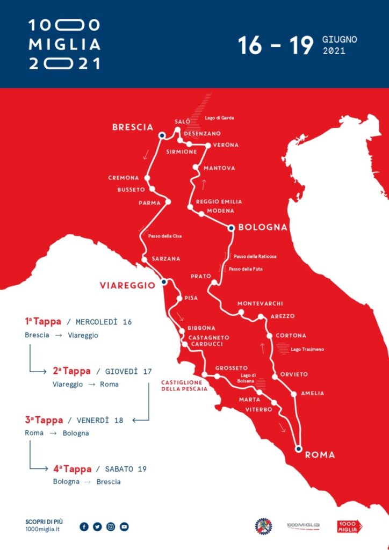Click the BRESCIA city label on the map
(132, 127)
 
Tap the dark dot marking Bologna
(230, 228)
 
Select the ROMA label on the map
(320, 455)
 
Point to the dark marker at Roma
(298, 448)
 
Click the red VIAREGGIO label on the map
(127, 285)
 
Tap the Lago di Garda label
(220, 118)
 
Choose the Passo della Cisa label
(164, 236)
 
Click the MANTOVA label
(219, 168)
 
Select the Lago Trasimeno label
(307, 349)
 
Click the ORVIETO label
(294, 374)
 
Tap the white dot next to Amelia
(294, 394)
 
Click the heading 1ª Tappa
(43, 322)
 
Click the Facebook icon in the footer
(84, 527)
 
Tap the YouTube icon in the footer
(124, 527)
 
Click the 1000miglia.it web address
(42, 530)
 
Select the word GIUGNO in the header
(340, 40)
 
